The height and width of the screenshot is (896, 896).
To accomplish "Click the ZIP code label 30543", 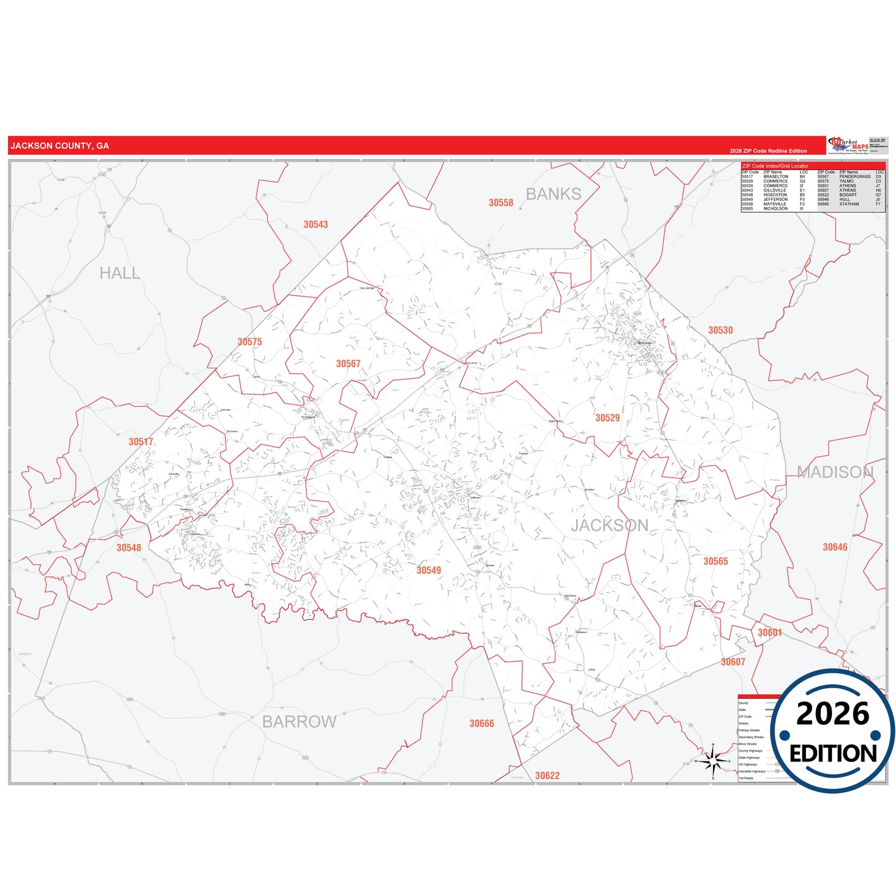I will tap(316, 224).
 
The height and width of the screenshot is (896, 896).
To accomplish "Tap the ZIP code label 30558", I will tap(501, 203).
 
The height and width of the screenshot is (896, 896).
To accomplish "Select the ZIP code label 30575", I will tap(250, 342).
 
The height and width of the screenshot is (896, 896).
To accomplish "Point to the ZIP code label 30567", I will tap(348, 364).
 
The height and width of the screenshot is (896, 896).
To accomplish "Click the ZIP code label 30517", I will tap(141, 442).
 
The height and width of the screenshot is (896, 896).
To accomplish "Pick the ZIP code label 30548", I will tap(129, 548).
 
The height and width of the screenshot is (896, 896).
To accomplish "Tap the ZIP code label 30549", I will tap(428, 570).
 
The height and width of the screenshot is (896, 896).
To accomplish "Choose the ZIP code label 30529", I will tap(608, 418).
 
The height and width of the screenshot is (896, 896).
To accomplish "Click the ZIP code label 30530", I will tap(721, 330).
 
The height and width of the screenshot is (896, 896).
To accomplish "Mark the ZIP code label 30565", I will tap(716, 561).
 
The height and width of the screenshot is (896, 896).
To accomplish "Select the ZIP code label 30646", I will tap(835, 547).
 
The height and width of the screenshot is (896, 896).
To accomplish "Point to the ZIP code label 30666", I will tap(482, 724).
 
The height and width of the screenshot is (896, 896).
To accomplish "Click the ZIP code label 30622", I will tap(548, 776).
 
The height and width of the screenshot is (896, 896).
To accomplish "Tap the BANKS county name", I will tap(554, 194).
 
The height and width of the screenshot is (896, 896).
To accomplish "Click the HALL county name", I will tap(120, 273).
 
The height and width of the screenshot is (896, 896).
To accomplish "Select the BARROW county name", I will tap(299, 722).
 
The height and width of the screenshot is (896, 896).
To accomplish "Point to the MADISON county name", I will tap(835, 472).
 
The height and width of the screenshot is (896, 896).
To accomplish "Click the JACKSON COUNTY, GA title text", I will tap(60, 146).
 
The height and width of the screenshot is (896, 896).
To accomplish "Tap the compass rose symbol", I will tap(713, 761).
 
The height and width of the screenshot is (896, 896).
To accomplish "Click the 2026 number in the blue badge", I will tap(833, 714).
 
